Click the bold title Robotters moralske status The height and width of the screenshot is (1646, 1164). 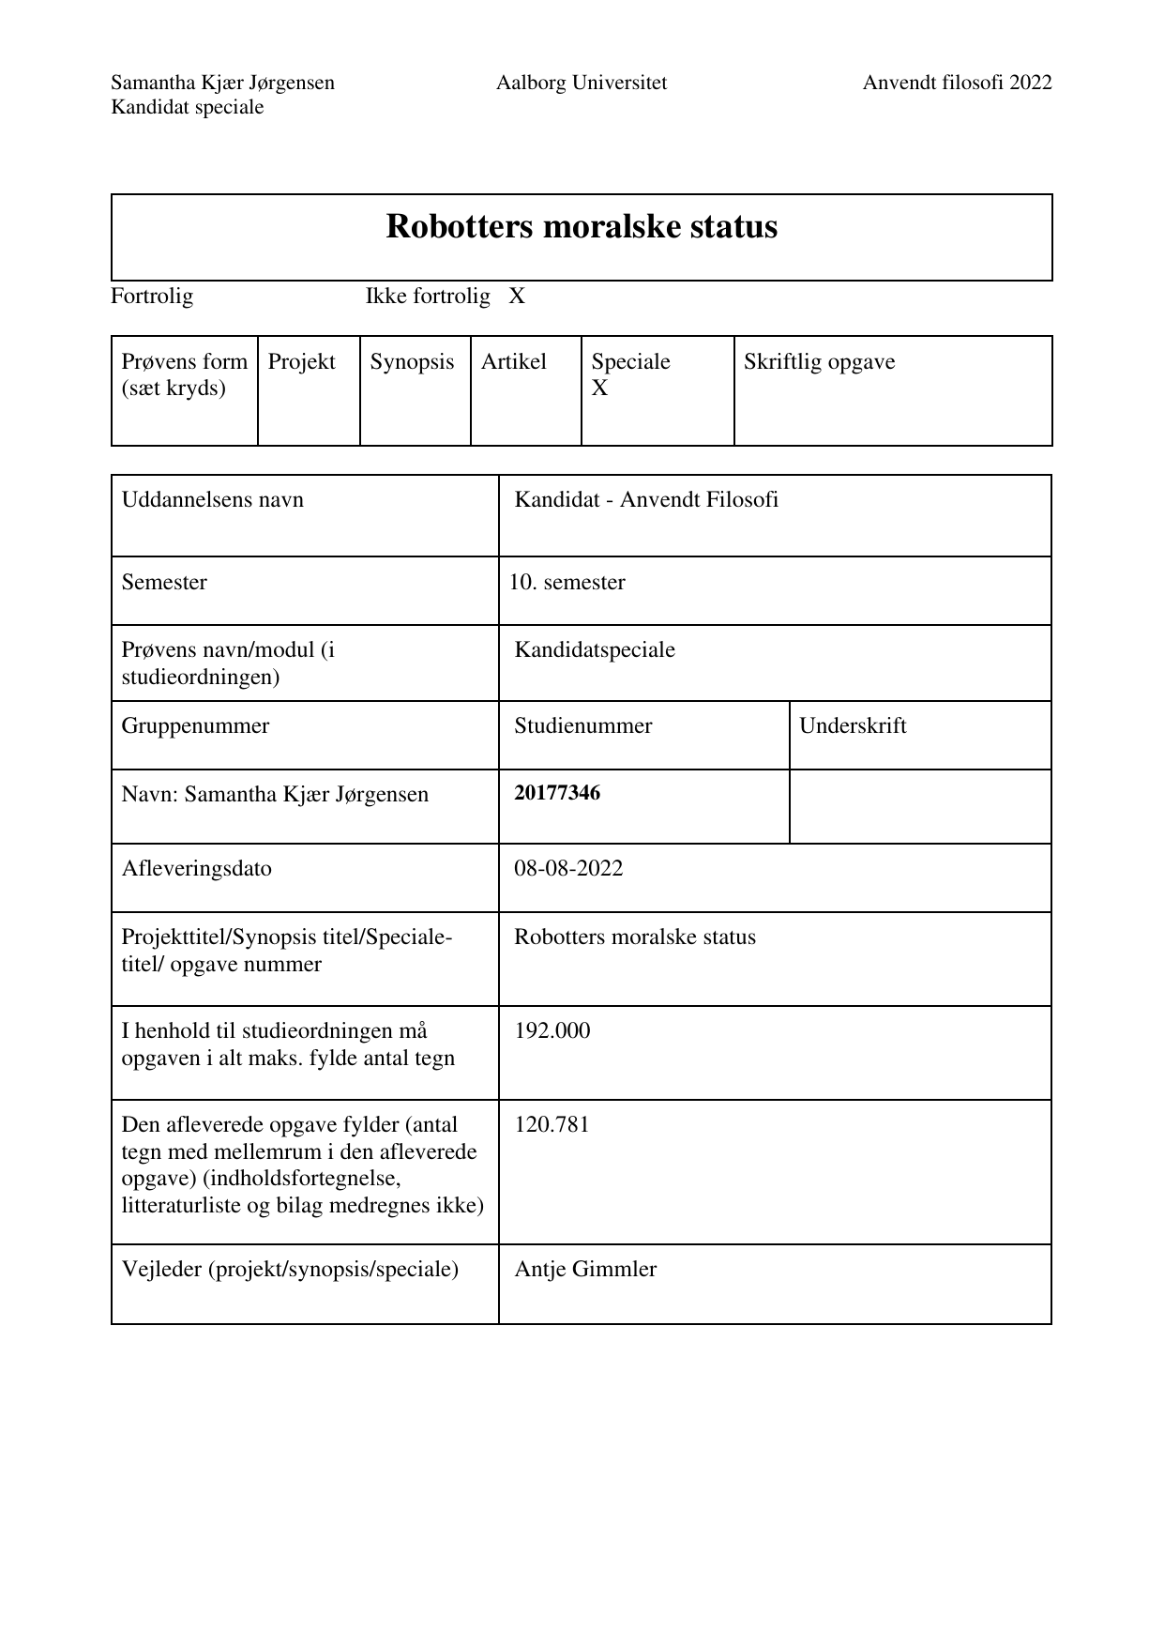(x=582, y=227)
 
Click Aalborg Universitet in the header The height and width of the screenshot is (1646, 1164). (x=582, y=83)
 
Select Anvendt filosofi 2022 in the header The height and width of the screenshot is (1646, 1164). (x=957, y=83)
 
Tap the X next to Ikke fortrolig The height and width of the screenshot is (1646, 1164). (x=517, y=297)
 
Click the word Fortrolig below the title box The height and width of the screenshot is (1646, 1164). (x=152, y=297)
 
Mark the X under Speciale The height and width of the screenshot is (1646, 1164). (x=599, y=389)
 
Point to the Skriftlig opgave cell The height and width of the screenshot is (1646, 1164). (x=819, y=362)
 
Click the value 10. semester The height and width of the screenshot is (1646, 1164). (x=567, y=583)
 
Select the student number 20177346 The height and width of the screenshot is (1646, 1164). (x=557, y=793)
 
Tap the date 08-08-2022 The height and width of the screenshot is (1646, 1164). (x=568, y=868)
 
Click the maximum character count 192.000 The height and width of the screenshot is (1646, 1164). (x=552, y=1031)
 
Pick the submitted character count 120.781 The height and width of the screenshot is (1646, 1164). (x=552, y=1124)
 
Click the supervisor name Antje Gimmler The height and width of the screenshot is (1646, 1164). (x=585, y=1270)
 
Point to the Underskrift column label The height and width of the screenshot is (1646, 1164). (x=853, y=726)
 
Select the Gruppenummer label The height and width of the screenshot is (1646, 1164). (x=195, y=726)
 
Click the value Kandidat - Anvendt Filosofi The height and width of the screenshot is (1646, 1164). (x=646, y=500)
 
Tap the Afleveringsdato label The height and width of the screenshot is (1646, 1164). (x=197, y=868)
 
